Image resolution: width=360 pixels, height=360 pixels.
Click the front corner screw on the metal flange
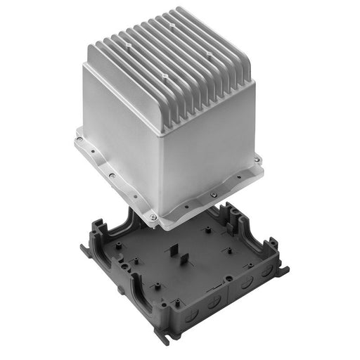click(154, 218)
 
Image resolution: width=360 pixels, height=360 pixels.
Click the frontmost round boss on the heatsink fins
click(162, 72)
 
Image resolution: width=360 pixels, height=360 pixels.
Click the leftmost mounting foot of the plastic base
click(86, 246)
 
